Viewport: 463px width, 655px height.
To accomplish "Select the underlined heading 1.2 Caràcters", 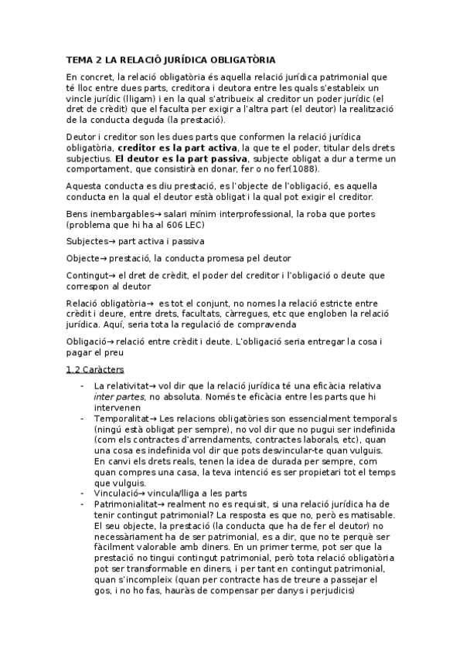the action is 96,369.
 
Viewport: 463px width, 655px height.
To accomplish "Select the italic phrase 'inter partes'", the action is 117,396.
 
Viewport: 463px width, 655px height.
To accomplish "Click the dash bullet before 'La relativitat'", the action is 81,385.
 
